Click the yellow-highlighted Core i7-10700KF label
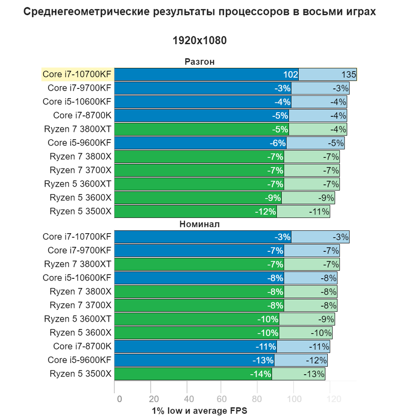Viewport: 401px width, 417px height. [x=77, y=74]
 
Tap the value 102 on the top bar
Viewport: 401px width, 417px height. [x=290, y=74]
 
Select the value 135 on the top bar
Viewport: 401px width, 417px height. [x=349, y=74]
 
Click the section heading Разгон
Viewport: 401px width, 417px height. [x=200, y=62]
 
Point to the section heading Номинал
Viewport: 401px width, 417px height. [x=200, y=224]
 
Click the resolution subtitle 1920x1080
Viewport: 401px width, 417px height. [x=200, y=40]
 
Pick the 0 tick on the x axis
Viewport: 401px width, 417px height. [x=119, y=399]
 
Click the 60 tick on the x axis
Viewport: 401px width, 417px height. [x=222, y=399]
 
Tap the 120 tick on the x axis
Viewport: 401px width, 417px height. [x=333, y=399]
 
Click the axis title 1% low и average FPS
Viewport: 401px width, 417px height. [x=200, y=410]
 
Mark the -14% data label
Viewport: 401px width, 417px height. [x=261, y=374]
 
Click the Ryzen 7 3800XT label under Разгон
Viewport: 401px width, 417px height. [x=78, y=129]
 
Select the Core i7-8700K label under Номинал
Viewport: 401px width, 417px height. [x=82, y=346]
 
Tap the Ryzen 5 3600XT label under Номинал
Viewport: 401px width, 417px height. [x=78, y=319]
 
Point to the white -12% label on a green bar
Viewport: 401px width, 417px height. [x=265, y=211]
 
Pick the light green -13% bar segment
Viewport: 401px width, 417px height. [x=298, y=374]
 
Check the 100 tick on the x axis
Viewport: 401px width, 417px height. [x=294, y=399]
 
